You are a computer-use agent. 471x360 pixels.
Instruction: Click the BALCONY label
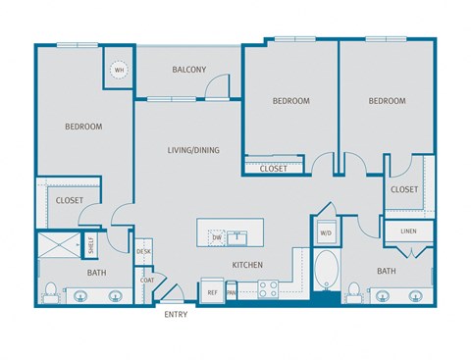tap(189, 70)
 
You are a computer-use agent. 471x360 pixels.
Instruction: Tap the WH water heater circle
tap(119, 71)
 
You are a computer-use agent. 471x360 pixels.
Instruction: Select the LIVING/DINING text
tap(192, 150)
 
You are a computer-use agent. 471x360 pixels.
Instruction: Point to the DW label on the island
tap(216, 236)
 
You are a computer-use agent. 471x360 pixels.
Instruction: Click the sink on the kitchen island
tap(238, 236)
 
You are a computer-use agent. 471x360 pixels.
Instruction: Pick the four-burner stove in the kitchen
tap(269, 289)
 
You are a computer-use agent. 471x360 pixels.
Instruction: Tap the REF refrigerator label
tap(212, 291)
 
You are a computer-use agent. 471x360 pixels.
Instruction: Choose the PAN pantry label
tap(232, 291)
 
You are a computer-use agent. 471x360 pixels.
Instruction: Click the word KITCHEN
tap(246, 266)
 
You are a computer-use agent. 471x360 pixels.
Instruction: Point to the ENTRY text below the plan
tap(175, 315)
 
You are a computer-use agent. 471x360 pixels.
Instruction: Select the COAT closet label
tap(146, 280)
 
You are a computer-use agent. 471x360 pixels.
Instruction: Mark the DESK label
tap(144, 252)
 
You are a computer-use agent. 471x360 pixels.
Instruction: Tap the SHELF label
tap(91, 244)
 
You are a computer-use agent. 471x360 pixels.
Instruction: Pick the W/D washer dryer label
tap(325, 232)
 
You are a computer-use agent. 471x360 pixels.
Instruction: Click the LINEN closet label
tap(408, 231)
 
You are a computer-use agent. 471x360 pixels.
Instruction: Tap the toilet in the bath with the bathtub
tap(353, 290)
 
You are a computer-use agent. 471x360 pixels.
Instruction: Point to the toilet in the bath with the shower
tap(49, 290)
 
